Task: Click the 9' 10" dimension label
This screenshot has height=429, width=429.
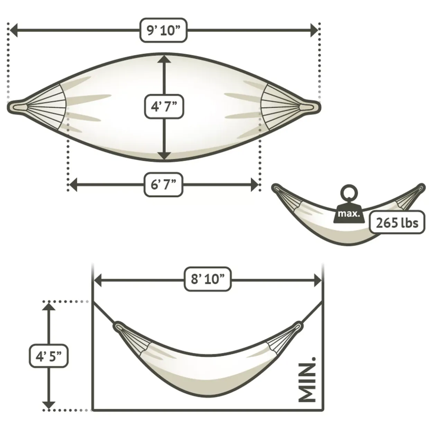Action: (x=163, y=30)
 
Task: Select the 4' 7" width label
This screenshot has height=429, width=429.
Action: (x=164, y=107)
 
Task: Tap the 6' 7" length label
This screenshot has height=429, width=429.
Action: (x=163, y=184)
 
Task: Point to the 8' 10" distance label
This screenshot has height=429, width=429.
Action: (x=208, y=279)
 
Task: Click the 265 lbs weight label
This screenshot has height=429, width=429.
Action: (x=397, y=222)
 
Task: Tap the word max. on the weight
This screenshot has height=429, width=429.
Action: (x=349, y=214)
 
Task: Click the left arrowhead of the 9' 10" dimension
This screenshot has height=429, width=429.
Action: (x=13, y=30)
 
